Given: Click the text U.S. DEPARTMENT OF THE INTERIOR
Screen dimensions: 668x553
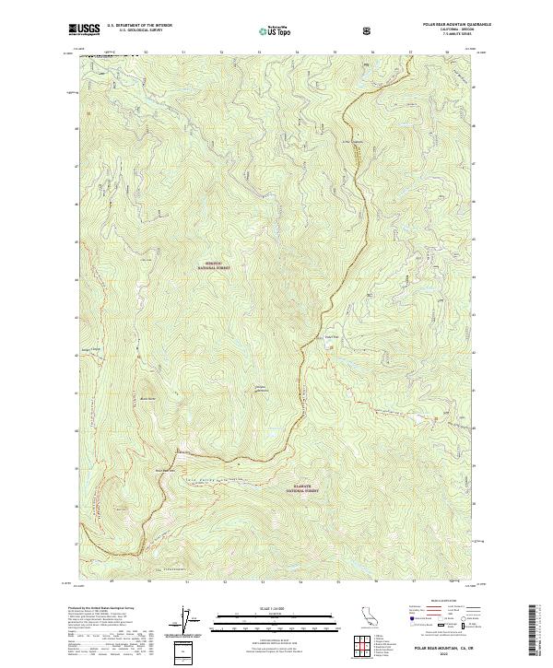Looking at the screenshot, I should (x=138, y=27).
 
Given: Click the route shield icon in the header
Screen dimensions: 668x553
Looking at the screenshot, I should (x=370, y=30).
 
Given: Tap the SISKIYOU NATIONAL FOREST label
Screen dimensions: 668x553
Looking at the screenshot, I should (x=212, y=264).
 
